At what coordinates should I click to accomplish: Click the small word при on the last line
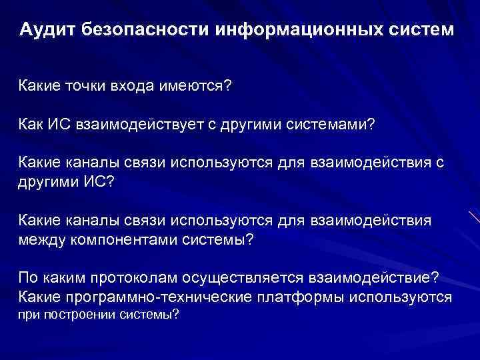pyautogui.click(x=28, y=315)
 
